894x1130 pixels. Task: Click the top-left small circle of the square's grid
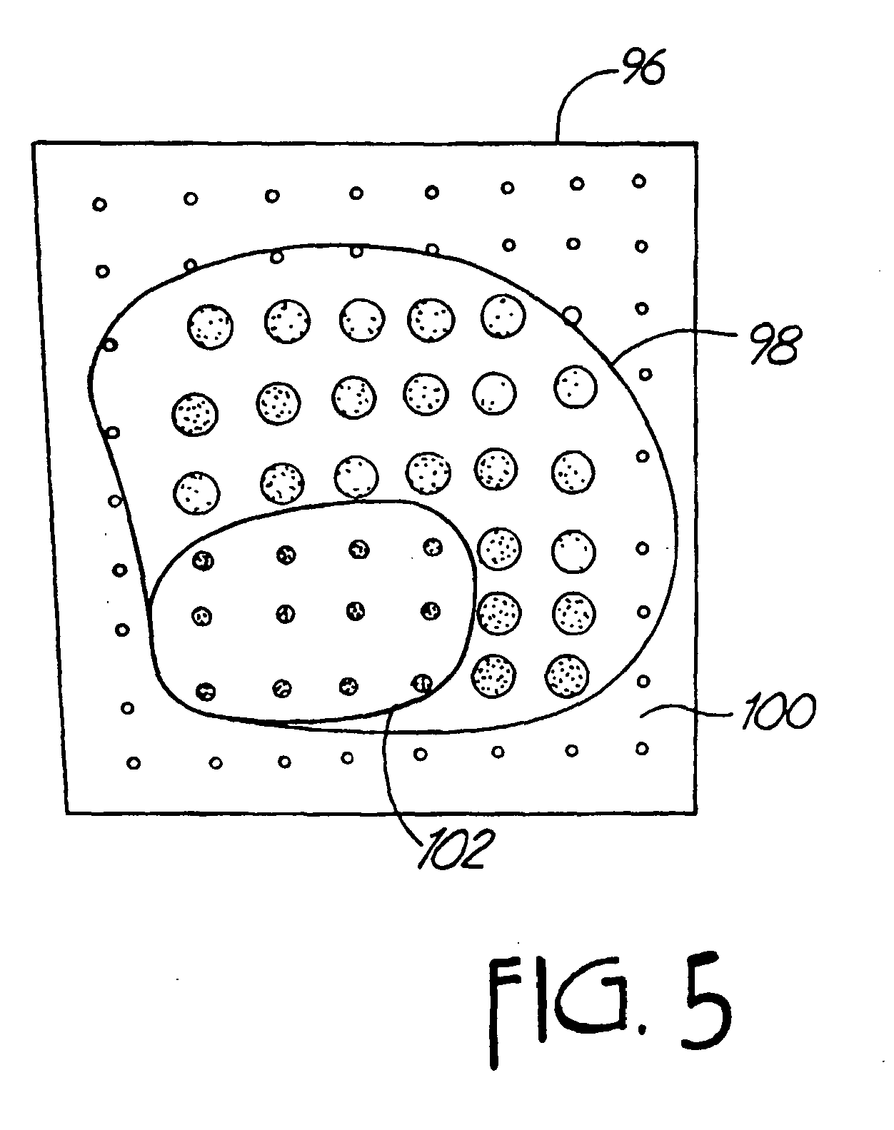99,205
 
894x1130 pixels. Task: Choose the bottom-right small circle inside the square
642,748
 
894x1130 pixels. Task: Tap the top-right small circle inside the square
639,181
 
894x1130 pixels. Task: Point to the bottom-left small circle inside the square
134,762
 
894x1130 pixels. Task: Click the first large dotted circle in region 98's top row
209,327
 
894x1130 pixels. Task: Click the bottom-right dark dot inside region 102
422,683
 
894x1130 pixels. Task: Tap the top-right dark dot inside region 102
433,547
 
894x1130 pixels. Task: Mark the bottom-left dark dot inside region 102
206,691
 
